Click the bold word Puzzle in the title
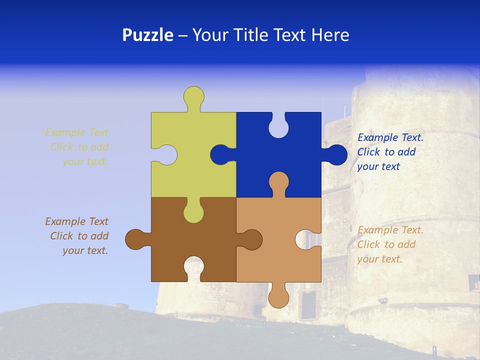pos(147,35)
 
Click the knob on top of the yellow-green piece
pos(193,96)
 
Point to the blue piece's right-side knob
pos(336,155)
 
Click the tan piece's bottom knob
pos(278,297)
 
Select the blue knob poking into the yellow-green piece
pos(220,155)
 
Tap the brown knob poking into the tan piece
pos(252,239)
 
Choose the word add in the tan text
pos(406,244)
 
